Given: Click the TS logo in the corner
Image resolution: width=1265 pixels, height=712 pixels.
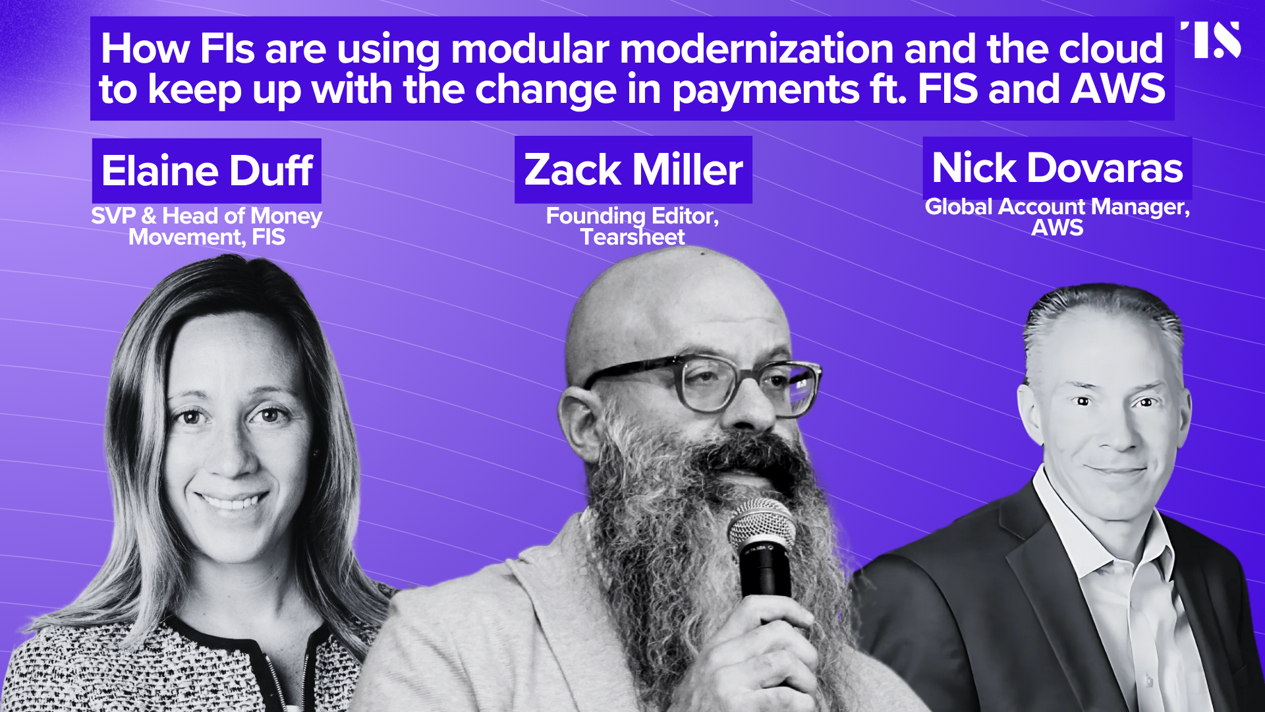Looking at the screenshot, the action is pyautogui.click(x=1211, y=40).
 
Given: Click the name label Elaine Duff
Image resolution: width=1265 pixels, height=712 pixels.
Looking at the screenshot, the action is pyautogui.click(x=207, y=171).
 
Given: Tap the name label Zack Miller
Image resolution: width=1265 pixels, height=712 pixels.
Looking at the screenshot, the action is pyautogui.click(x=633, y=169).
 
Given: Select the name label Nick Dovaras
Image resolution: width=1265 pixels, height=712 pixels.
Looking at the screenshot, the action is pyautogui.click(x=1057, y=167).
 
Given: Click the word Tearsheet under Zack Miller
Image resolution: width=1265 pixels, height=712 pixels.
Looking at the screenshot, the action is pyautogui.click(x=632, y=237).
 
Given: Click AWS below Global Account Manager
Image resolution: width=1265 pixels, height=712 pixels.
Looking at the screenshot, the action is pyautogui.click(x=1057, y=227).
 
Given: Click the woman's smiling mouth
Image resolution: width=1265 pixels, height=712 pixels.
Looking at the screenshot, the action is pyautogui.click(x=231, y=500).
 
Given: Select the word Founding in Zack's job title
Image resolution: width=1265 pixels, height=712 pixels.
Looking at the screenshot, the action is pyautogui.click(x=596, y=216).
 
